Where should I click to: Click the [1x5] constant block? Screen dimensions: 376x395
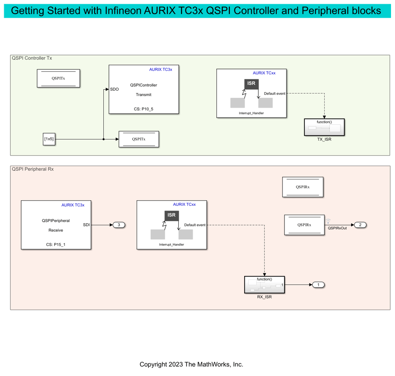point(49,139)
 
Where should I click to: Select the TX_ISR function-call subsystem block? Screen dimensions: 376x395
point(324,128)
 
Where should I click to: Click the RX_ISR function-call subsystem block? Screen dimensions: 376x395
point(264,285)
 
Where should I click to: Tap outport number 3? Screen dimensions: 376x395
point(119,225)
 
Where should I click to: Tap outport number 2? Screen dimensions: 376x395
point(360,225)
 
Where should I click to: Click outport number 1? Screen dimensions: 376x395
point(318,285)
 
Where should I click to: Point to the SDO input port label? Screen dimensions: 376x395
point(115,89)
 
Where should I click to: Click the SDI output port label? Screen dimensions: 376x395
point(86,225)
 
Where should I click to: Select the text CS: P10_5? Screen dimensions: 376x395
point(143,108)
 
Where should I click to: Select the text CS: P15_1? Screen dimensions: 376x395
point(55,244)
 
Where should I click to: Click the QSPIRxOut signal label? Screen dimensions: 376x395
point(337,228)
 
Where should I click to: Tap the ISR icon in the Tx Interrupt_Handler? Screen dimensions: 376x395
point(251,84)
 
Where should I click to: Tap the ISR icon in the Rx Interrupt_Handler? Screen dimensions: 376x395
point(172,215)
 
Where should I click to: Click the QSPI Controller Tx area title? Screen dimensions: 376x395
point(32,58)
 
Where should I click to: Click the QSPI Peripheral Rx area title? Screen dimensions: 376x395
point(33,169)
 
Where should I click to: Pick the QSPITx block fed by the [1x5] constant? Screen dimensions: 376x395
point(139,139)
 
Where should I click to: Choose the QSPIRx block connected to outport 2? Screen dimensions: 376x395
point(304,225)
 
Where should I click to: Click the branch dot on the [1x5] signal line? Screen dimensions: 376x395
point(103,139)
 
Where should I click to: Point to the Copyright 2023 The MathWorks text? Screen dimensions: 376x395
point(191,364)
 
